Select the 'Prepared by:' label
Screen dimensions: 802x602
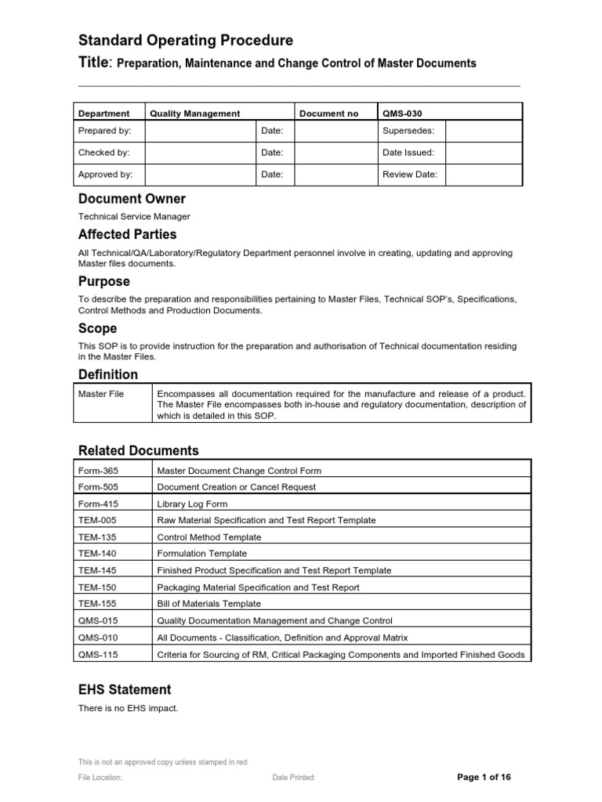105,131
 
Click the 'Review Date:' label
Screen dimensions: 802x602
410,175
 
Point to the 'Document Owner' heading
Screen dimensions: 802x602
132,199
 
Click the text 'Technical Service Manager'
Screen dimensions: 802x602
134,216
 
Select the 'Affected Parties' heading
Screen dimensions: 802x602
127,234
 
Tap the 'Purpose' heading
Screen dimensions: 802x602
104,281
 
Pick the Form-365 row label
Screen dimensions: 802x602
97,471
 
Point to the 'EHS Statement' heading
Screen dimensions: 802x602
125,690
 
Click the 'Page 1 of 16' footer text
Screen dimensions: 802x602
484,777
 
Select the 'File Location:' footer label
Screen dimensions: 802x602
100,778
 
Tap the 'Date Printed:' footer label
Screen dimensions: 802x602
294,778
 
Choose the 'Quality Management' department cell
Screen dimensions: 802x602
195,114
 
